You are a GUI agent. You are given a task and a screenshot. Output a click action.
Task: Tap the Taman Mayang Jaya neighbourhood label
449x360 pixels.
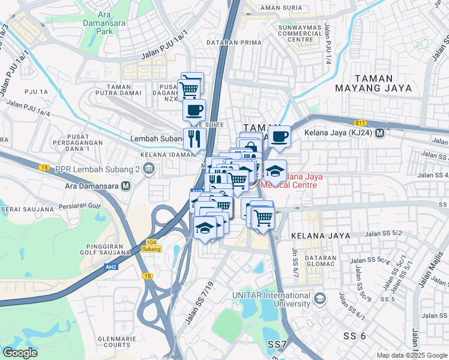382,83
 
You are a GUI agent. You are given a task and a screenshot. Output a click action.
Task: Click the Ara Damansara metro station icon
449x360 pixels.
125,186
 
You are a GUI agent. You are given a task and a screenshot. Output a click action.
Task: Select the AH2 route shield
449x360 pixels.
110,267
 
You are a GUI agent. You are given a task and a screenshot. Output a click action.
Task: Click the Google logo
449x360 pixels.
20,352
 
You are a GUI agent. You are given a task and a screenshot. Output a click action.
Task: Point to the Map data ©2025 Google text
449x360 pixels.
411,355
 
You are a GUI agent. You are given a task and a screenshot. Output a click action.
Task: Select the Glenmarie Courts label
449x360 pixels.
113,341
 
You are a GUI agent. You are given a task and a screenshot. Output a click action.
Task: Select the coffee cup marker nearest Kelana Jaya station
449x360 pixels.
279,136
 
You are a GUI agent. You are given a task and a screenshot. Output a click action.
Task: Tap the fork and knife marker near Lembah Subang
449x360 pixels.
194,139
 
